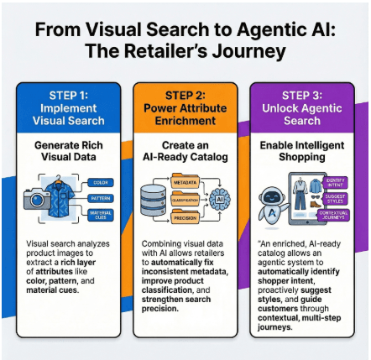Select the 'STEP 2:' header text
[186, 93]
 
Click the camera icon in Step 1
[38, 197]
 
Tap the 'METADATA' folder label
[184, 180]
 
